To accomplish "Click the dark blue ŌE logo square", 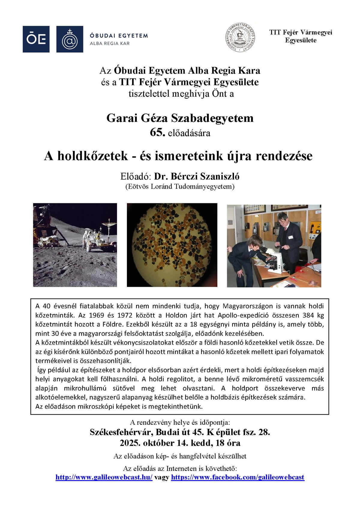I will coord(36,39).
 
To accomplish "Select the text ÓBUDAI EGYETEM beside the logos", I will coord(119,35).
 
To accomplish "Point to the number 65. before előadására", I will coord(157,132).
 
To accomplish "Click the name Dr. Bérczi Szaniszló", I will coord(197,176).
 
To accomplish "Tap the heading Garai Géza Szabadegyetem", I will coord(180,118).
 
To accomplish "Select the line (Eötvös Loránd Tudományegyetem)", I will coord(180,186).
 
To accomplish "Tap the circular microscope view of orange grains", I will coord(172,245).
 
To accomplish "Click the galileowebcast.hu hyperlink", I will coord(104,477).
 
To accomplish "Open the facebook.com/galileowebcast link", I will coord(238,477).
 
